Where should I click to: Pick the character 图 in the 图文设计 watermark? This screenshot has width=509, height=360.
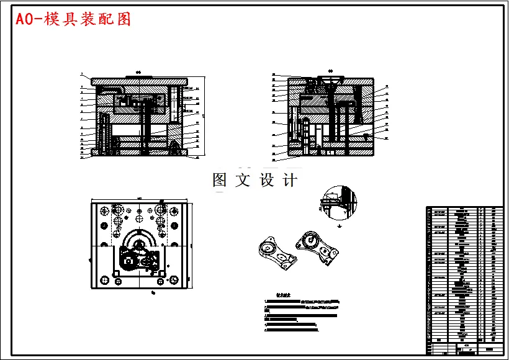220,181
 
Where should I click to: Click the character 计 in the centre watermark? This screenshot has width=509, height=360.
289,181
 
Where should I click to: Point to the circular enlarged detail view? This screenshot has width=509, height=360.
339,203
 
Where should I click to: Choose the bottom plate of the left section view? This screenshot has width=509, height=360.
140,152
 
